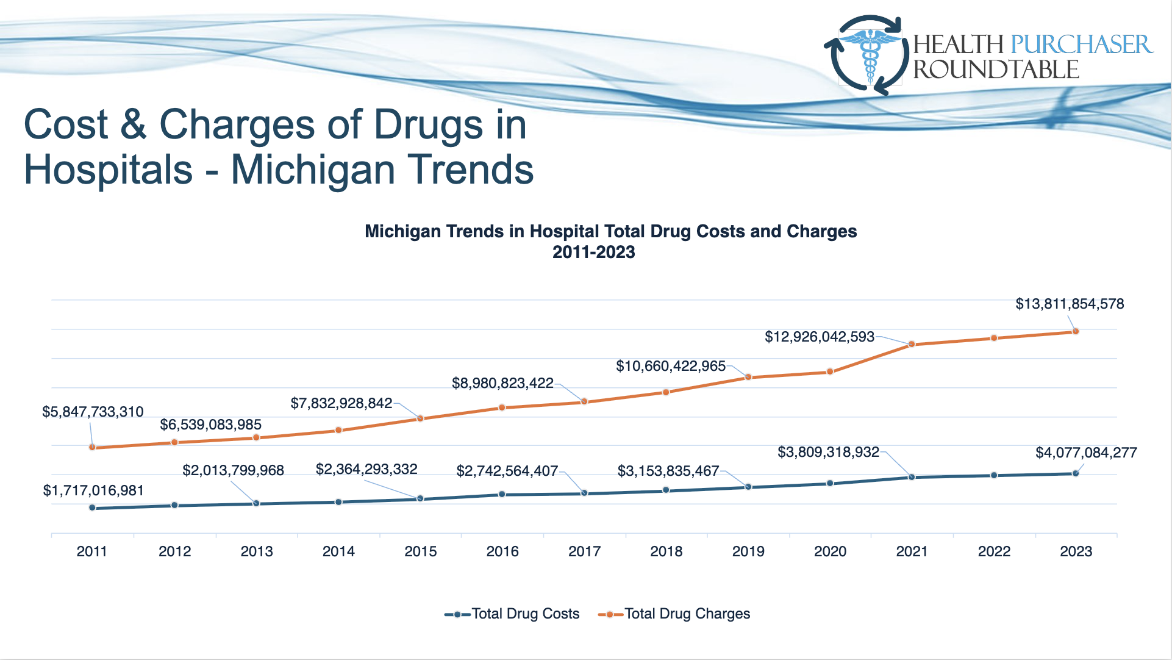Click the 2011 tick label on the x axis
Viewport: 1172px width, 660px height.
click(x=91, y=551)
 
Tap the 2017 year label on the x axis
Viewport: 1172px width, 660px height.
click(x=584, y=551)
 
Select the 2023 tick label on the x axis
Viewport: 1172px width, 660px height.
click(x=1076, y=551)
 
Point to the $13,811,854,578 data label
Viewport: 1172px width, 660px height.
click(x=1070, y=304)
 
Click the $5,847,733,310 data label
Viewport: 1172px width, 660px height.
click(x=93, y=412)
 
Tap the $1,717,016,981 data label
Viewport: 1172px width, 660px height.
click(x=93, y=490)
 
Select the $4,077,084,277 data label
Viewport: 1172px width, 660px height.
click(x=1086, y=453)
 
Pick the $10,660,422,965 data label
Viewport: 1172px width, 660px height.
click(x=671, y=366)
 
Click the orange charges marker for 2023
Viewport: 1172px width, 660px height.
click(x=1076, y=331)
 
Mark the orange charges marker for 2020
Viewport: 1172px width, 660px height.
click(x=830, y=371)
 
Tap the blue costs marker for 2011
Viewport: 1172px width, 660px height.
click(x=92, y=508)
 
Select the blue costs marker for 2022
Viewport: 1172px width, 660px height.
click(x=994, y=475)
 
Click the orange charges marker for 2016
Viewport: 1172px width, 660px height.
click(x=502, y=407)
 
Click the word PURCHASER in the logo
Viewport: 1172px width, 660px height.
click(x=1081, y=45)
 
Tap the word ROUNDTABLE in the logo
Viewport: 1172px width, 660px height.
click(x=996, y=70)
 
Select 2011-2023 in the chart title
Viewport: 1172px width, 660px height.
click(x=593, y=252)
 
